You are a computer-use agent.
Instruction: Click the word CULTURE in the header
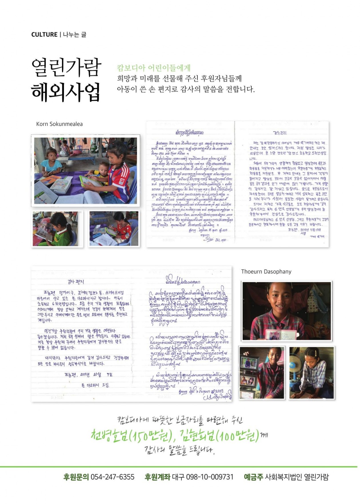(44, 35)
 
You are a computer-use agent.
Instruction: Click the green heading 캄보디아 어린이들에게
(153, 68)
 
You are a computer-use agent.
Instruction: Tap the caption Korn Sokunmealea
(59, 124)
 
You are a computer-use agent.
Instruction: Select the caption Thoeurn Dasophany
(266, 272)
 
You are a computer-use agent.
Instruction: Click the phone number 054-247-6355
(112, 477)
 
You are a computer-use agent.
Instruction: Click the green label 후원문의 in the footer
(76, 477)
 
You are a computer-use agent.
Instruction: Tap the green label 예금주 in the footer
(253, 477)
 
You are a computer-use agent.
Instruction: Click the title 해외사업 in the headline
(66, 92)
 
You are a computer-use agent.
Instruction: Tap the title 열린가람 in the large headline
(66, 67)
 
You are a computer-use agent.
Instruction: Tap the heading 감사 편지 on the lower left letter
(76, 282)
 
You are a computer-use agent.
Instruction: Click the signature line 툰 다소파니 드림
(95, 385)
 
